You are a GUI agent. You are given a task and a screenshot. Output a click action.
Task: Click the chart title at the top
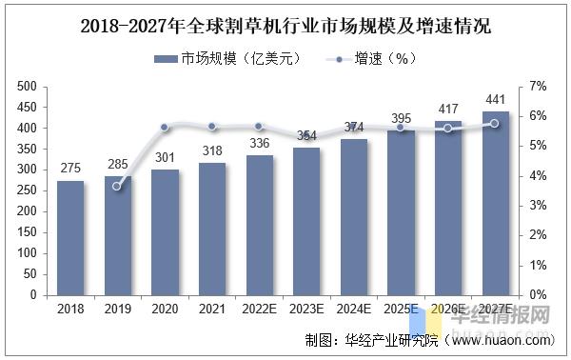tap(285, 23)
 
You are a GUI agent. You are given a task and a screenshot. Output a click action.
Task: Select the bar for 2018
tap(70, 238)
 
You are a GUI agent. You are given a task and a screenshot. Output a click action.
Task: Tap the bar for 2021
tap(212, 229)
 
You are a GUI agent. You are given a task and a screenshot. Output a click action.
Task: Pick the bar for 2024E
tap(354, 217)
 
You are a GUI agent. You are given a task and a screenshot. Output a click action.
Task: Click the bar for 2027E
tap(496, 203)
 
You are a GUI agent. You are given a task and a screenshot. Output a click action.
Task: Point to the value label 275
tap(70, 169)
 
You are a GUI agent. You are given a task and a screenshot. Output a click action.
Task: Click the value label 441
tap(496, 100)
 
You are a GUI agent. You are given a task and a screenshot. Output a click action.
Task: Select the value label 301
tap(165, 158)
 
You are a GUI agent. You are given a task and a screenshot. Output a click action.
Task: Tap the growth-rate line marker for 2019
tap(117, 186)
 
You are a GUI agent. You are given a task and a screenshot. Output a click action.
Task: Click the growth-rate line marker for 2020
tap(165, 127)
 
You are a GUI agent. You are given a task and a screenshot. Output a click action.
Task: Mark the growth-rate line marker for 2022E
tap(259, 127)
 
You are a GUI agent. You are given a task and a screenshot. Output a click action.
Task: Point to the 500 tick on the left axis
tap(27, 87)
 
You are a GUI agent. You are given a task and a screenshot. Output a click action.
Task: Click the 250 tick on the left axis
tap(27, 190)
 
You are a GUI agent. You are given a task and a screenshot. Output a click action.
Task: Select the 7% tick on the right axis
tap(537, 87)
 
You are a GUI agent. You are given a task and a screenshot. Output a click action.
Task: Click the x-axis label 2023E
tap(306, 310)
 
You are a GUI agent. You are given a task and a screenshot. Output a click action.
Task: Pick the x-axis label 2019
tap(117, 310)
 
